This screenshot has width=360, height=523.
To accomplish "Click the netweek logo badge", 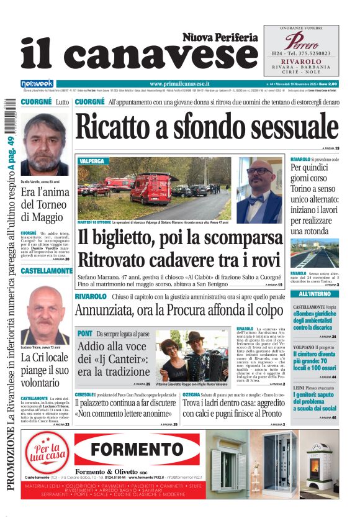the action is [37, 83].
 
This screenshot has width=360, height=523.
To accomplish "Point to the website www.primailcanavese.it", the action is [179, 83].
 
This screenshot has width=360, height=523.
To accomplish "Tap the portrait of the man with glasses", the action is [259, 186].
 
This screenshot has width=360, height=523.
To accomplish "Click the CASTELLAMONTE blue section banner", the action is [47, 271].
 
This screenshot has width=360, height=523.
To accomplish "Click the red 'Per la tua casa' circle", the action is [51, 450].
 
